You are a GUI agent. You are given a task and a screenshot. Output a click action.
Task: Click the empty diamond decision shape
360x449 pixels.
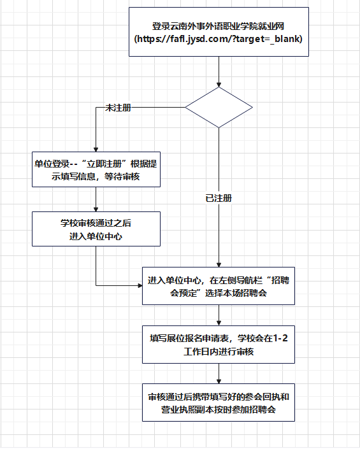click(x=219, y=107)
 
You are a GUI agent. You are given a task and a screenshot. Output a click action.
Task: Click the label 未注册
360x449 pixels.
click(x=118, y=109)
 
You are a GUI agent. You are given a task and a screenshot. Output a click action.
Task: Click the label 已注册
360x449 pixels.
click(x=219, y=198)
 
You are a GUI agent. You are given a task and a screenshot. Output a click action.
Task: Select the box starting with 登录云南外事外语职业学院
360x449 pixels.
click(x=219, y=33)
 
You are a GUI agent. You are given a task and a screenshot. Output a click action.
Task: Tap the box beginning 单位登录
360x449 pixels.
click(x=96, y=169)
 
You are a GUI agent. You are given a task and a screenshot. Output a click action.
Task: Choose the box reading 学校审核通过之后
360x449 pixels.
click(x=96, y=229)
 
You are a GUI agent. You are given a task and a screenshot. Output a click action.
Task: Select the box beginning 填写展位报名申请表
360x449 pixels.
click(x=219, y=345)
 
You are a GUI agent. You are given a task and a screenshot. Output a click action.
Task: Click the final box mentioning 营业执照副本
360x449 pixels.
click(x=219, y=403)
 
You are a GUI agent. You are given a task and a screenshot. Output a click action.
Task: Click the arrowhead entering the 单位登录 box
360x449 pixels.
click(x=96, y=149)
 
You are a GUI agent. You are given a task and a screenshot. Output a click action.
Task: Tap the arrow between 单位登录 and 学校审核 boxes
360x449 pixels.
click(x=96, y=200)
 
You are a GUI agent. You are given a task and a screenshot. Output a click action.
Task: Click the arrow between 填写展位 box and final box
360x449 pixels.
click(x=219, y=374)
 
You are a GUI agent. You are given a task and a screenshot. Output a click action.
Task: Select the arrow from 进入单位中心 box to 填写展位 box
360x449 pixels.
click(x=219, y=315)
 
